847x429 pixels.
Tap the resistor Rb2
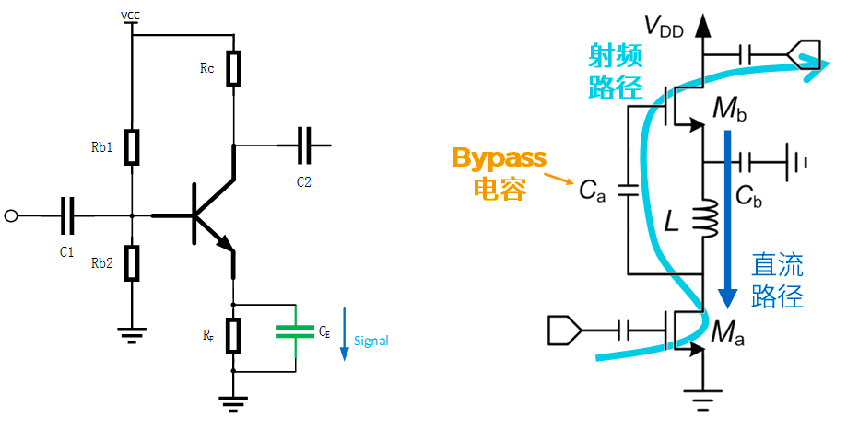click(x=133, y=262)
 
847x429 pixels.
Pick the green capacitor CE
click(x=295, y=330)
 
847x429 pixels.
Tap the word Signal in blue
click(x=371, y=341)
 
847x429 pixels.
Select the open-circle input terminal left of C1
click(x=11, y=216)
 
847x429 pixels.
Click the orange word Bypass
click(x=499, y=157)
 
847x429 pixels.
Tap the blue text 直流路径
click(x=777, y=282)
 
